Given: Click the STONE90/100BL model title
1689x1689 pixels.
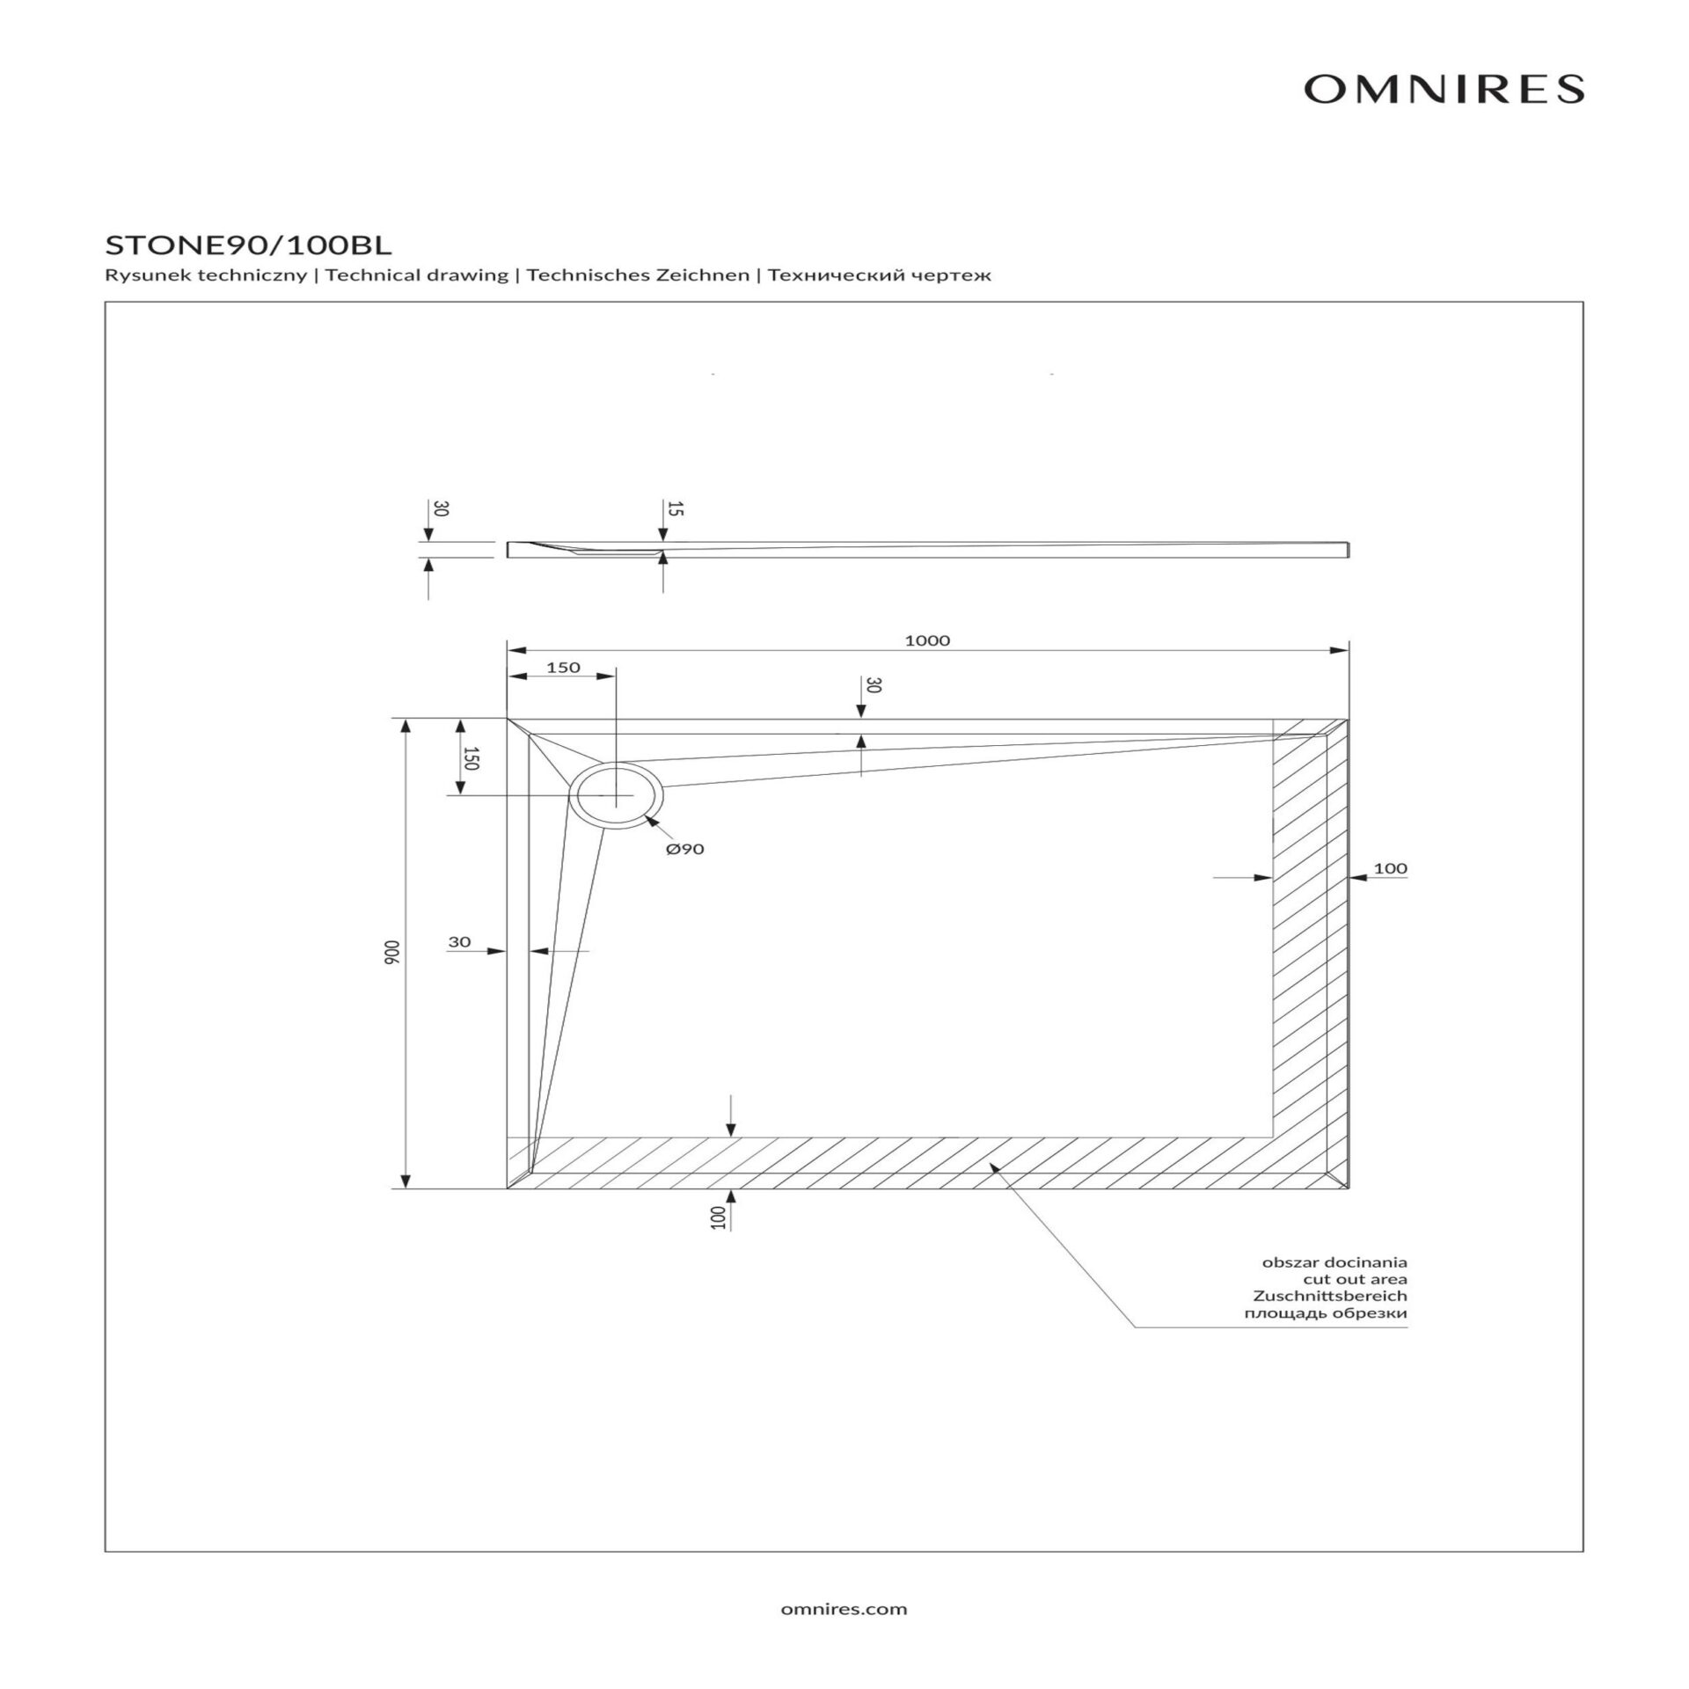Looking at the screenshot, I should point(248,244).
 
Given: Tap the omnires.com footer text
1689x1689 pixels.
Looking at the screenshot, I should point(844,1610).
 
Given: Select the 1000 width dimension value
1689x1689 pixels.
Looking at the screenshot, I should point(927,640).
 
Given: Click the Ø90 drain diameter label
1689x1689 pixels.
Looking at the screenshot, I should point(685,849).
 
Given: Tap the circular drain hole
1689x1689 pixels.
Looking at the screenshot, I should point(616,795).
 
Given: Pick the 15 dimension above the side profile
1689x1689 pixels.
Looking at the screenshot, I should point(675,508).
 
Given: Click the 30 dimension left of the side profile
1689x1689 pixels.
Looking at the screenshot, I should point(441,508).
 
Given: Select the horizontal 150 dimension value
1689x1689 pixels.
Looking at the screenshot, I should point(563,668).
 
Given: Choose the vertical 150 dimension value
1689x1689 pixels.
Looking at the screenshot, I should point(470,758).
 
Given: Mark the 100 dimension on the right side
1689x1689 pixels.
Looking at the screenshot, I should point(1390,868).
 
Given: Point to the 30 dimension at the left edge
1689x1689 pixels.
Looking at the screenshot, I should point(459,942).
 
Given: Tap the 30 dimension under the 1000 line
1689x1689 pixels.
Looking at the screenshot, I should point(872,685).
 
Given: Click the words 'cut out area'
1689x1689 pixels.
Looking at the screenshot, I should point(1355,1280).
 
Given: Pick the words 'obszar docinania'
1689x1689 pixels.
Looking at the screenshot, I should point(1334,1263).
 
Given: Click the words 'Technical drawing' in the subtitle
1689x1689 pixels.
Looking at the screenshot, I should point(417,275).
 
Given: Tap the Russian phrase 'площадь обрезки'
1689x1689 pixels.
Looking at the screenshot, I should point(1325,1313).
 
